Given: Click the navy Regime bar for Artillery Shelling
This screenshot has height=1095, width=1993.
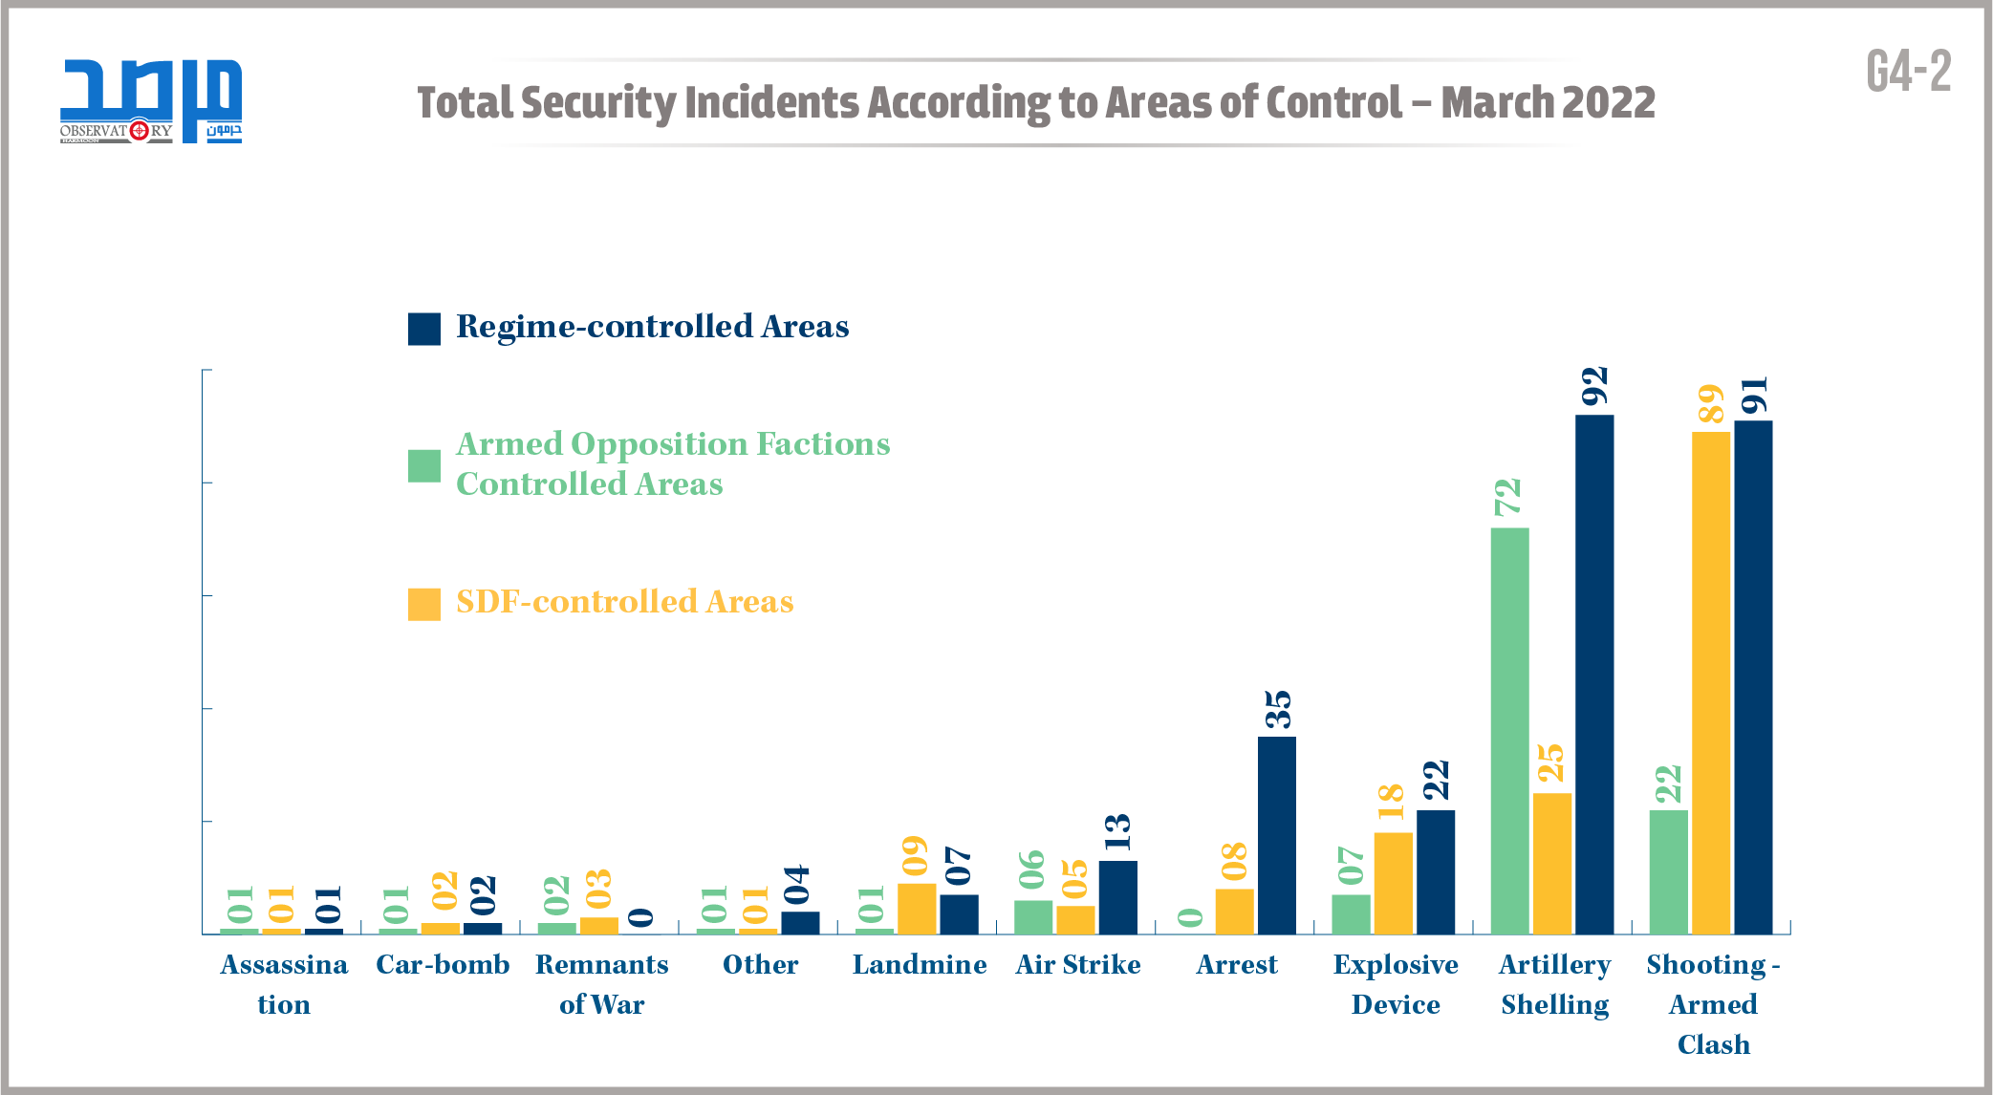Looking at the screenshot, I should point(1593,674).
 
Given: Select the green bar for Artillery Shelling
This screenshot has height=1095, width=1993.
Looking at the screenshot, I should point(1509,730).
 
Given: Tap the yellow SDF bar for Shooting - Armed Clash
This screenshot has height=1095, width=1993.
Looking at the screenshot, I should point(1710,682).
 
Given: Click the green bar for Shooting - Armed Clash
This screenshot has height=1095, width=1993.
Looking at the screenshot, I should point(1668,871).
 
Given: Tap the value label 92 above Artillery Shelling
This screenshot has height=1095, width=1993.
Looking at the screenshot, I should point(1594,386).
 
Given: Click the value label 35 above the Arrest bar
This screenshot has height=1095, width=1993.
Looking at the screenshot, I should point(1277,709).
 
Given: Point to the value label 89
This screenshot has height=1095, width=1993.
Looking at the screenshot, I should point(1710,403).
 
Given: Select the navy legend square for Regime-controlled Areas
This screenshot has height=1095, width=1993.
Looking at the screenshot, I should point(423,329).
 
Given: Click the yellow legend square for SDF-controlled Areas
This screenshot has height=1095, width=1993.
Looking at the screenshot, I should point(423,604).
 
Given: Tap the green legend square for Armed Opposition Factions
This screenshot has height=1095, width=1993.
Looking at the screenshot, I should point(423,466).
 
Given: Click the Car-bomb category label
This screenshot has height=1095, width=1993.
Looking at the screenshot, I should point(443,964).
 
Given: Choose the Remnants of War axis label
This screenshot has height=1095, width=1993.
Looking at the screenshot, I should point(601,984).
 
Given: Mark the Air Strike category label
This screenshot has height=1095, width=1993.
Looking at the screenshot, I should point(1077,964).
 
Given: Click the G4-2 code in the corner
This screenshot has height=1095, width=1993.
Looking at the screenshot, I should point(1908,72).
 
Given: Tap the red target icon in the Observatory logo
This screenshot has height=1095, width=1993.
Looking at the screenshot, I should point(139,130).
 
